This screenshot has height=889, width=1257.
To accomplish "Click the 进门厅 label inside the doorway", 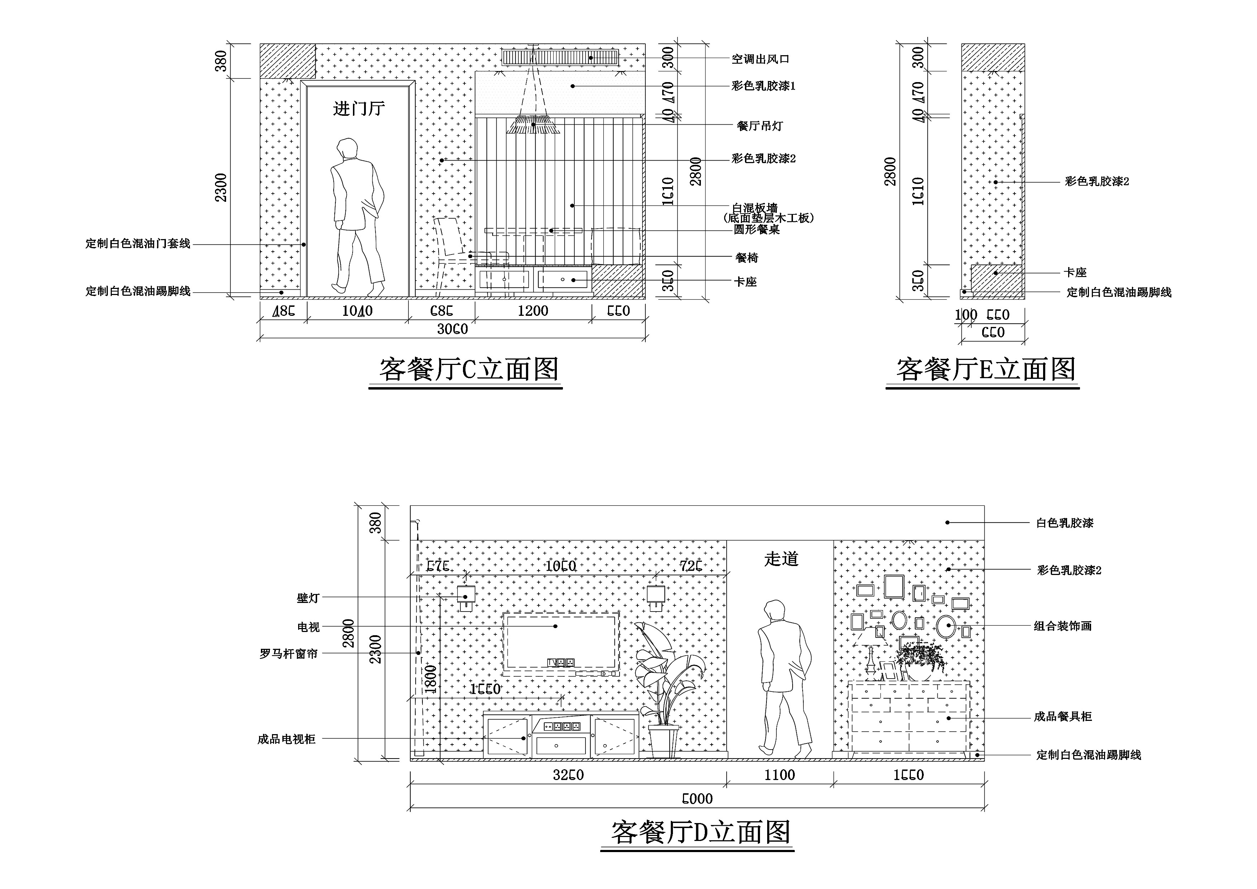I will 359,109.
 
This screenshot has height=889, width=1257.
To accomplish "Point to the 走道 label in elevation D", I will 781,559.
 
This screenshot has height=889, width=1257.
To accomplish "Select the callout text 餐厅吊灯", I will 760,126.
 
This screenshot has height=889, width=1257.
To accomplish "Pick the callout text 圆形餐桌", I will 757,229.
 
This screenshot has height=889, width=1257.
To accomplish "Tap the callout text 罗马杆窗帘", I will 288,653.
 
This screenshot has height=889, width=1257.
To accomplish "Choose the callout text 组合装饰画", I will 1063,626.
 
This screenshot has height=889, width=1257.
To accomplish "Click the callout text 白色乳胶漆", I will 1064,523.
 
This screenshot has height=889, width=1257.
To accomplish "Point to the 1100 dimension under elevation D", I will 780,775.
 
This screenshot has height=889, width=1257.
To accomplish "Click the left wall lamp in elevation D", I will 466,598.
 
